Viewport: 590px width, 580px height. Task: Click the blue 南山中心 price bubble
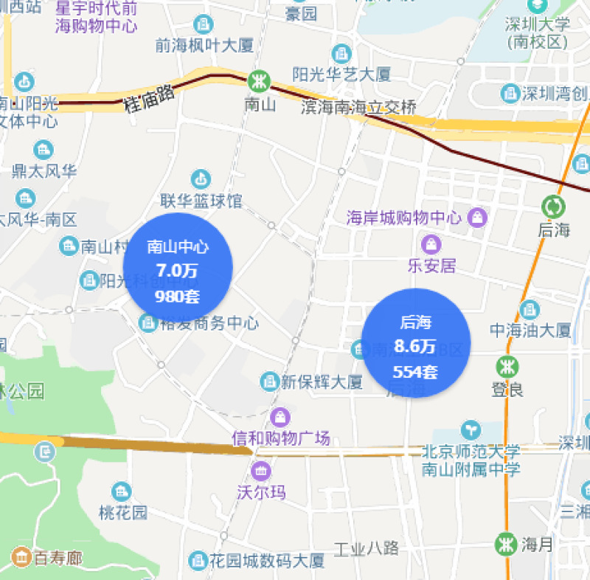178,269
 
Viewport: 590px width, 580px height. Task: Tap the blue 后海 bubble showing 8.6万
417,343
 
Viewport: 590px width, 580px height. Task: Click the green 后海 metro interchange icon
552,205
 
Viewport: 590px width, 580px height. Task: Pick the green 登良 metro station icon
506,365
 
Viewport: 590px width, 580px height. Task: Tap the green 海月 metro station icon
506,545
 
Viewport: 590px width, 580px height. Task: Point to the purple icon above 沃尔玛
261,469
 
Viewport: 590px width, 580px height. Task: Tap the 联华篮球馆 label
201,201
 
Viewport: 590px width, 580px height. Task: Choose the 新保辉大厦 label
321,382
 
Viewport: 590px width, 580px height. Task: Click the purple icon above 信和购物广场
280,417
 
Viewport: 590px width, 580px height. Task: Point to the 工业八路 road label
367,548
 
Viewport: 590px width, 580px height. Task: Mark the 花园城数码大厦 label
266,560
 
